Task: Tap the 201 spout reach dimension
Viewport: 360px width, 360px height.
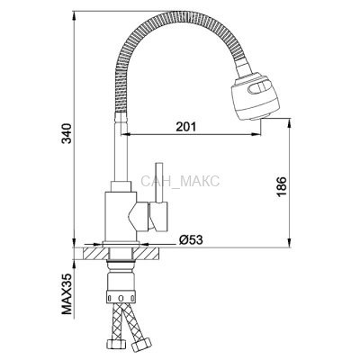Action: coord(185,127)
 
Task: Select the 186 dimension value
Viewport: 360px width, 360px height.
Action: coord(282,186)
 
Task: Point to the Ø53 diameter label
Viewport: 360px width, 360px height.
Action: coord(191,239)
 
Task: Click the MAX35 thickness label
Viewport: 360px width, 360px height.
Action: coord(67,293)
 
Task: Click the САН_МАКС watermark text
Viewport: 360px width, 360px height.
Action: coord(180,181)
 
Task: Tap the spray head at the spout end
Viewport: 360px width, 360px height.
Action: coord(255,96)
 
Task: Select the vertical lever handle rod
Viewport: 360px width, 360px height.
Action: coord(158,183)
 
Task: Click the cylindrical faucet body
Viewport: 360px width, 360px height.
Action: coord(120,217)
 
